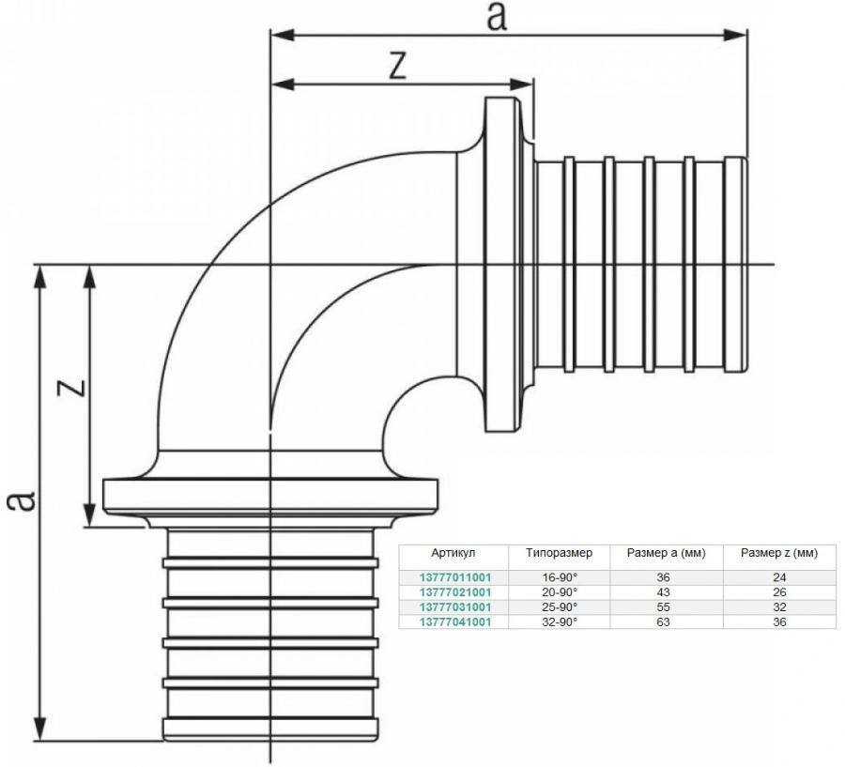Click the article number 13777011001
pos(455,577)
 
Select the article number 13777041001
pos(455,621)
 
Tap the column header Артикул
pos(455,553)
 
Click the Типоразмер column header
pos(560,553)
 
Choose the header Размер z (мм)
pos(779,553)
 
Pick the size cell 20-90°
pos(560,592)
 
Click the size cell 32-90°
pos(560,621)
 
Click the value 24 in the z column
pos(779,577)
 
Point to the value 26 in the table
pos(779,592)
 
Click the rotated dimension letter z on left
pos(74,386)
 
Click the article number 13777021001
pos(455,592)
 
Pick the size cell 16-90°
pos(560,577)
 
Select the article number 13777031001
pos(455,607)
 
